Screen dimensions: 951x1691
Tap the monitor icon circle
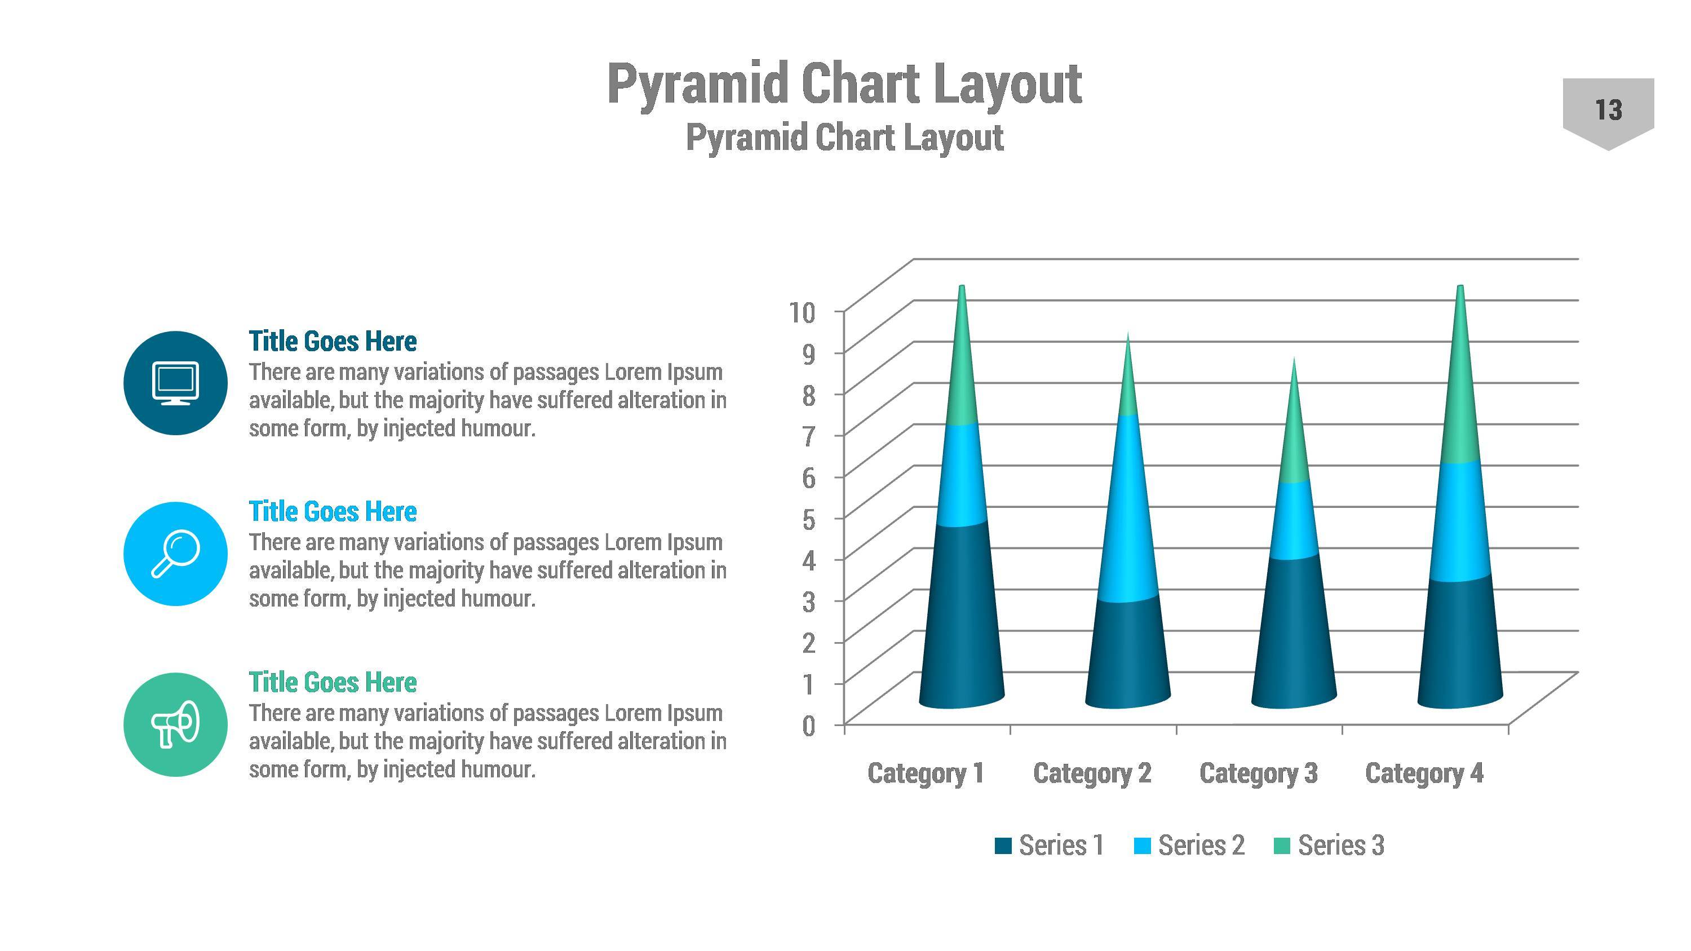point(175,383)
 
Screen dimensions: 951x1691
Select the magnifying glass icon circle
point(175,553)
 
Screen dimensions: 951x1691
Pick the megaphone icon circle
point(175,724)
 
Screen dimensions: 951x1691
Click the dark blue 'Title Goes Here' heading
point(332,341)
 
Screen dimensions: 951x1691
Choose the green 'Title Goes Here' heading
point(332,683)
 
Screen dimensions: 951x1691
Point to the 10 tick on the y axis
point(802,312)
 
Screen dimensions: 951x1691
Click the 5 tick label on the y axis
point(808,519)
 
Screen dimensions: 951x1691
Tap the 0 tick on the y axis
point(808,726)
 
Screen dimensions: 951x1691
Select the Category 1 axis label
point(926,773)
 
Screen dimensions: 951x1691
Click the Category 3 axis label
point(1258,773)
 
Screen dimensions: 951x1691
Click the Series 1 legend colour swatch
point(1003,846)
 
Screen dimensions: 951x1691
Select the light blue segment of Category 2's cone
point(1128,512)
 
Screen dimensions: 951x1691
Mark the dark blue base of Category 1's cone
point(962,623)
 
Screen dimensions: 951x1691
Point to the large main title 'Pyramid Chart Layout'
point(844,84)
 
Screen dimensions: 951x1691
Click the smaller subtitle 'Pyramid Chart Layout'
point(844,138)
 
